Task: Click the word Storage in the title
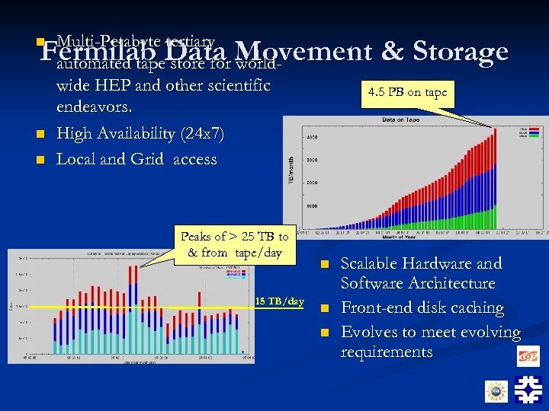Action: click(x=460, y=52)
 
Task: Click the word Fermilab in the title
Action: click(x=90, y=52)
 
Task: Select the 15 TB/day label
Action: click(x=280, y=301)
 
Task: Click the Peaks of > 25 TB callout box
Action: click(x=234, y=244)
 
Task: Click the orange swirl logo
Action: click(x=528, y=355)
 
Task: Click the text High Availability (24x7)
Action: click(x=140, y=134)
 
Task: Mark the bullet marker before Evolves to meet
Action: click(x=323, y=333)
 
